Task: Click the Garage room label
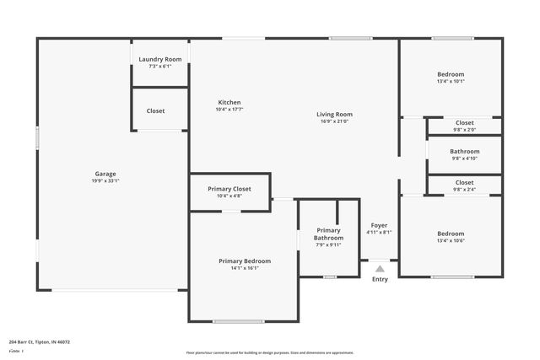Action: (105, 174)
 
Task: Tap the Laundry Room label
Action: (160, 59)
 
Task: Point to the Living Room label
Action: (334, 114)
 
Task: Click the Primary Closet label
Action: (229, 188)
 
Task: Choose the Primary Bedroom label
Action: (245, 261)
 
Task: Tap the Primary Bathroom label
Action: (329, 234)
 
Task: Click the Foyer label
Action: (380, 225)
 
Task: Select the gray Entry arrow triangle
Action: (380, 269)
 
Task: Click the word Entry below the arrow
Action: (380, 279)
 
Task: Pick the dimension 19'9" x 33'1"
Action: (105, 181)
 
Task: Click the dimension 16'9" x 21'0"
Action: (334, 121)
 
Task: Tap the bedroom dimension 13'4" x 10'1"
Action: (451, 82)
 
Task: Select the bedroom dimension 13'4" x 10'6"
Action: (451, 241)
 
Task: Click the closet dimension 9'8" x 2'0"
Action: (464, 130)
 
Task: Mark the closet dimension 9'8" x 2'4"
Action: (464, 190)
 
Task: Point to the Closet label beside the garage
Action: (155, 111)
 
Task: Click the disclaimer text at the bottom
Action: (269, 352)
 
